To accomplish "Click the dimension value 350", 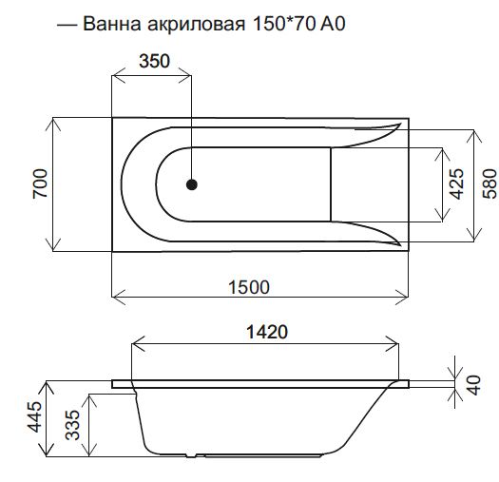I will pos(152,63).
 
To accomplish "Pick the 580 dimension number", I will pos(489,183).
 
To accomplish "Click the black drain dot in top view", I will pos(193,185).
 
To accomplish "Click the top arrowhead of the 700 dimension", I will pos(54,122).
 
